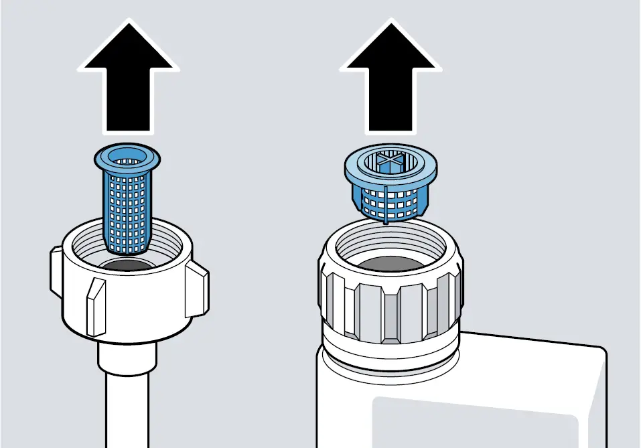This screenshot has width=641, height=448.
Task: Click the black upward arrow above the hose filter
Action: click(128, 84)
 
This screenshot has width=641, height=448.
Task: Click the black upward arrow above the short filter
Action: click(390, 84)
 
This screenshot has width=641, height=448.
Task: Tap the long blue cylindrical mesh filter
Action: click(127, 208)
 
